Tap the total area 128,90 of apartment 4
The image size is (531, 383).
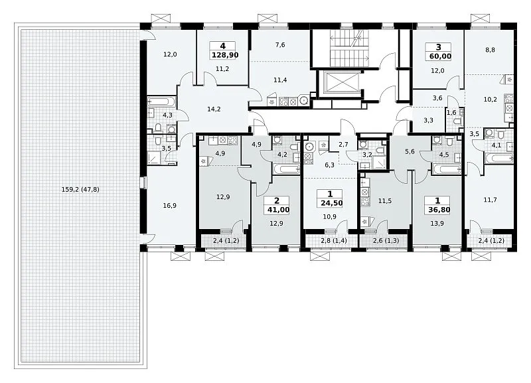coord(225,55)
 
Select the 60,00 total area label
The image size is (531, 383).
coord(440,56)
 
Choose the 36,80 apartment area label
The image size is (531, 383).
coord(439,210)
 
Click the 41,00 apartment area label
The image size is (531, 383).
coord(278,210)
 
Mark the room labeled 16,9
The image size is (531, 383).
coord(169,206)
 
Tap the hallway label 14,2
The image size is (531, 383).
coord(214,109)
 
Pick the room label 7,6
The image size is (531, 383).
coord(280,44)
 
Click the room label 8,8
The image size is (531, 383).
coord(490,50)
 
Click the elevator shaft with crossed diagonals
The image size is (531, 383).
coord(339,84)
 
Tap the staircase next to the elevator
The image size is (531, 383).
coord(349,48)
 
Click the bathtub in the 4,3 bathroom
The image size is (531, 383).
coord(162,102)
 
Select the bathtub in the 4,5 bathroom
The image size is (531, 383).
coord(447,169)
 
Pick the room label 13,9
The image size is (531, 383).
coord(437,223)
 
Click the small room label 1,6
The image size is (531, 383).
coord(451,112)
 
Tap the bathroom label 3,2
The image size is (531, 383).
coord(368,155)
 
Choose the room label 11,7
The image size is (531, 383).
coord(490,200)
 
